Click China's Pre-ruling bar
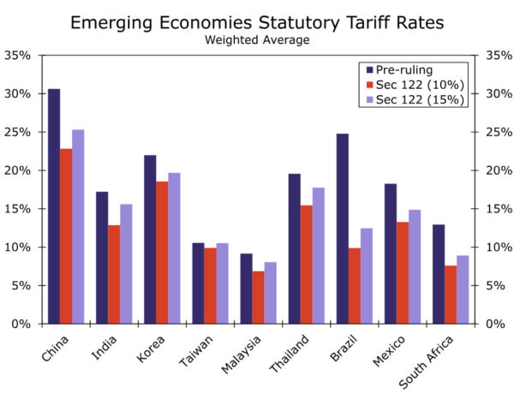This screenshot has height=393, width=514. click(x=54, y=206)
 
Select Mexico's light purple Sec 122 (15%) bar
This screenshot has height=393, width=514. click(x=415, y=266)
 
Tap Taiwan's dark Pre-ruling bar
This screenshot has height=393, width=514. click(x=198, y=283)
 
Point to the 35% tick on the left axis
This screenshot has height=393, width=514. click(x=18, y=55)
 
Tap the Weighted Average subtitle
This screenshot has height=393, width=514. click(x=258, y=39)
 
